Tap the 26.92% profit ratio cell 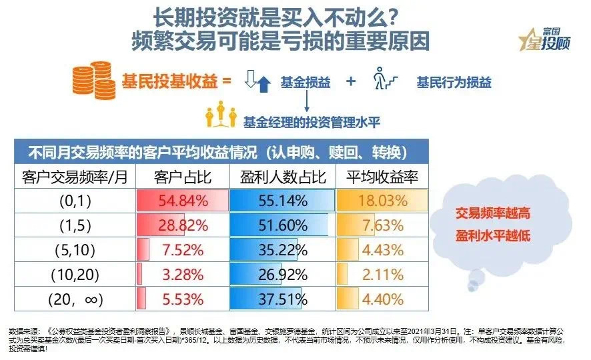tap(281, 274)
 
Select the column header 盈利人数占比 tap(281, 177)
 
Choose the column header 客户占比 tap(181, 177)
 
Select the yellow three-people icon tap(222, 117)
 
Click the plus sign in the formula tap(351, 82)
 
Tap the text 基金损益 tap(306, 82)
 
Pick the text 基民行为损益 tap(454, 82)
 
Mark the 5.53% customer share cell tap(181, 298)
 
